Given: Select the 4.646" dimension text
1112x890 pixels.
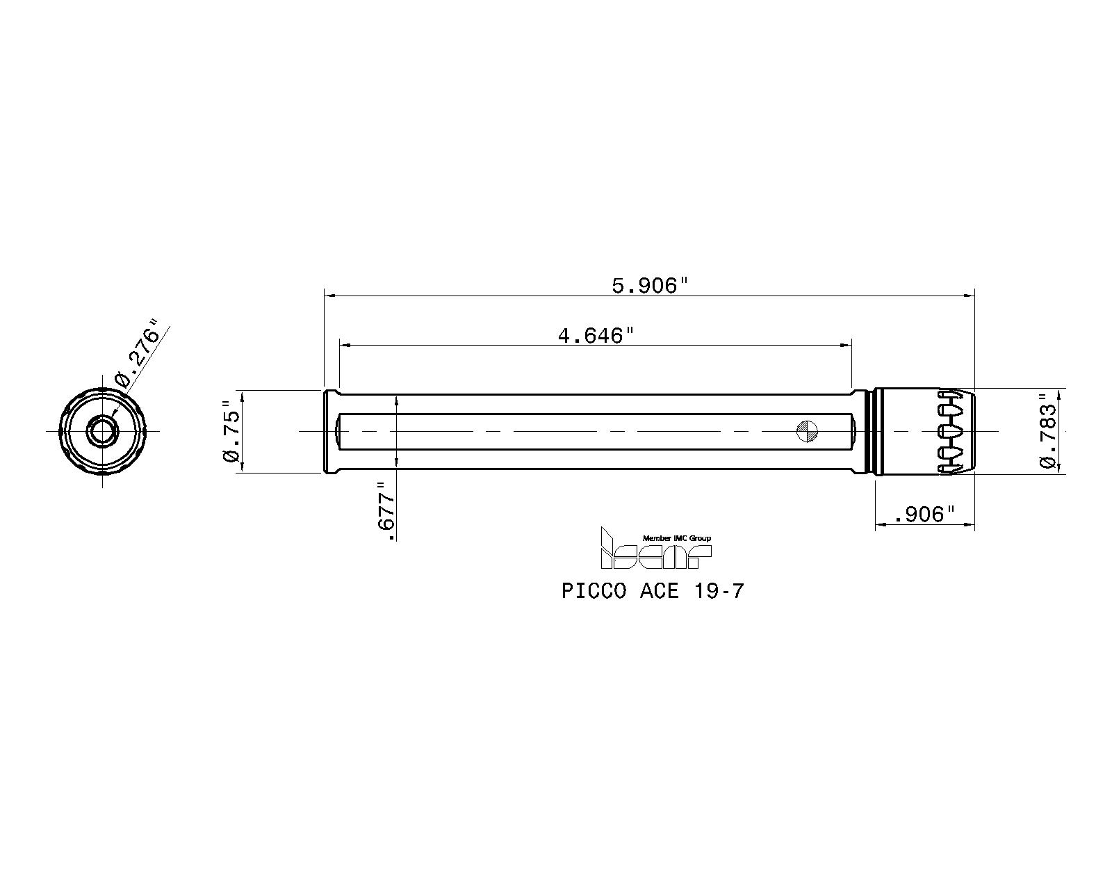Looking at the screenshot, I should [x=596, y=337].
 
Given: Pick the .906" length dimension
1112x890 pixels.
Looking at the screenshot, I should [x=925, y=515].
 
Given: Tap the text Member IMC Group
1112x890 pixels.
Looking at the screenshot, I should [x=676, y=538].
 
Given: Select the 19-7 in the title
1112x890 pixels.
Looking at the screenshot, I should [x=718, y=591].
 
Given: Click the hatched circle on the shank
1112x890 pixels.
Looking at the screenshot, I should [x=807, y=431].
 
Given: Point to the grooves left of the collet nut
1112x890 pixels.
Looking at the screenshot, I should [x=869, y=431].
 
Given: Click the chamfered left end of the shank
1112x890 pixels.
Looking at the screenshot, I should [x=327, y=431].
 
